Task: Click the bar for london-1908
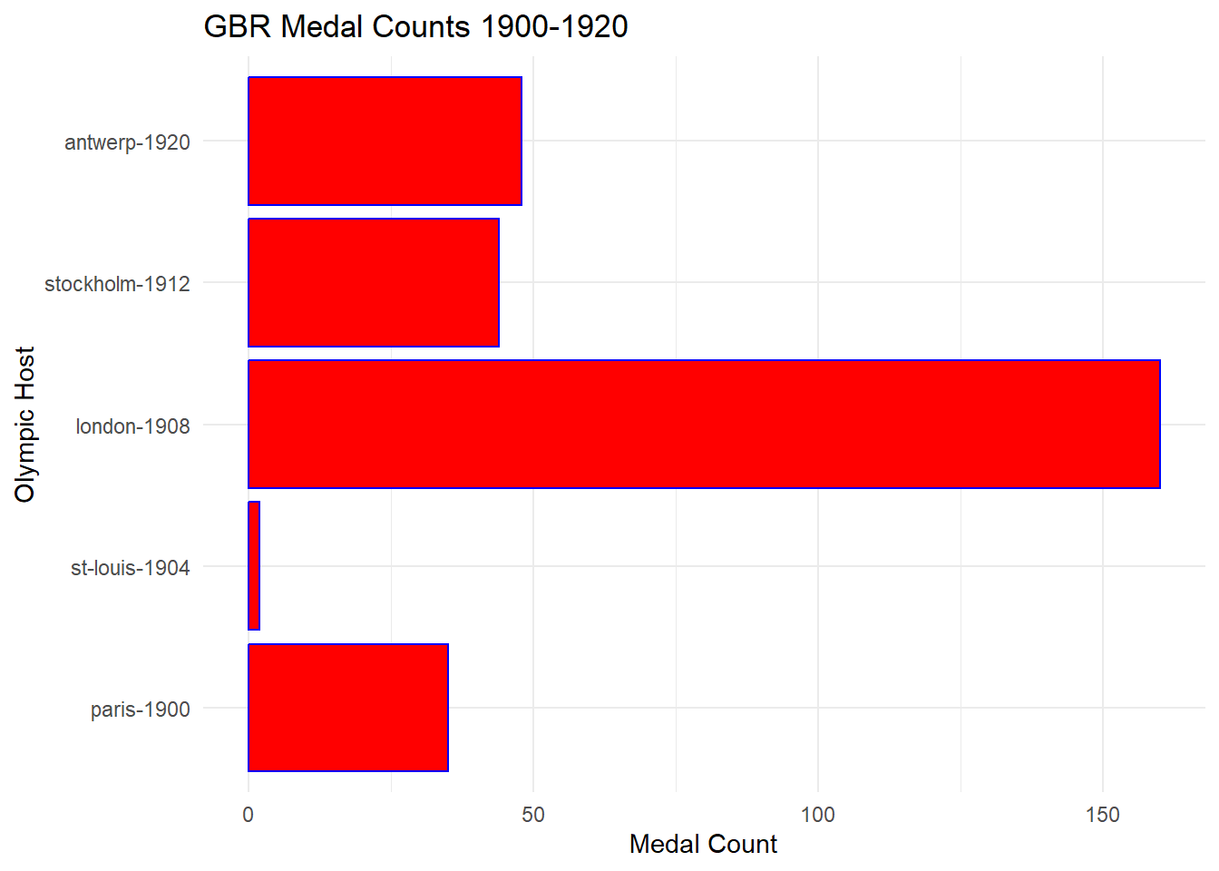[x=704, y=425]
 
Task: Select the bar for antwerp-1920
[x=385, y=142]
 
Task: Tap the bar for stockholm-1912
[x=374, y=283]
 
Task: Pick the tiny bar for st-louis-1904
[x=254, y=566]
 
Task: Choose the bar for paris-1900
[x=348, y=708]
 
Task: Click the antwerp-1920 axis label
[x=127, y=142]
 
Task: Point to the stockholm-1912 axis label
[x=117, y=284]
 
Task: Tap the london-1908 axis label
[x=132, y=426]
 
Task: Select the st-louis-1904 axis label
[x=130, y=568]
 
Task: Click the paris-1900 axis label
[x=140, y=710]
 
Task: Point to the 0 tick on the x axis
[x=249, y=815]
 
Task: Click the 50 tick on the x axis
[x=533, y=815]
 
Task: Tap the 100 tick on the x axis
[x=817, y=815]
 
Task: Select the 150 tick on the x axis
[x=1102, y=815]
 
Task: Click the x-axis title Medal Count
[x=703, y=844]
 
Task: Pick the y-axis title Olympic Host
[x=24, y=424]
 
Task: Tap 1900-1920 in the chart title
[x=554, y=26]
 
